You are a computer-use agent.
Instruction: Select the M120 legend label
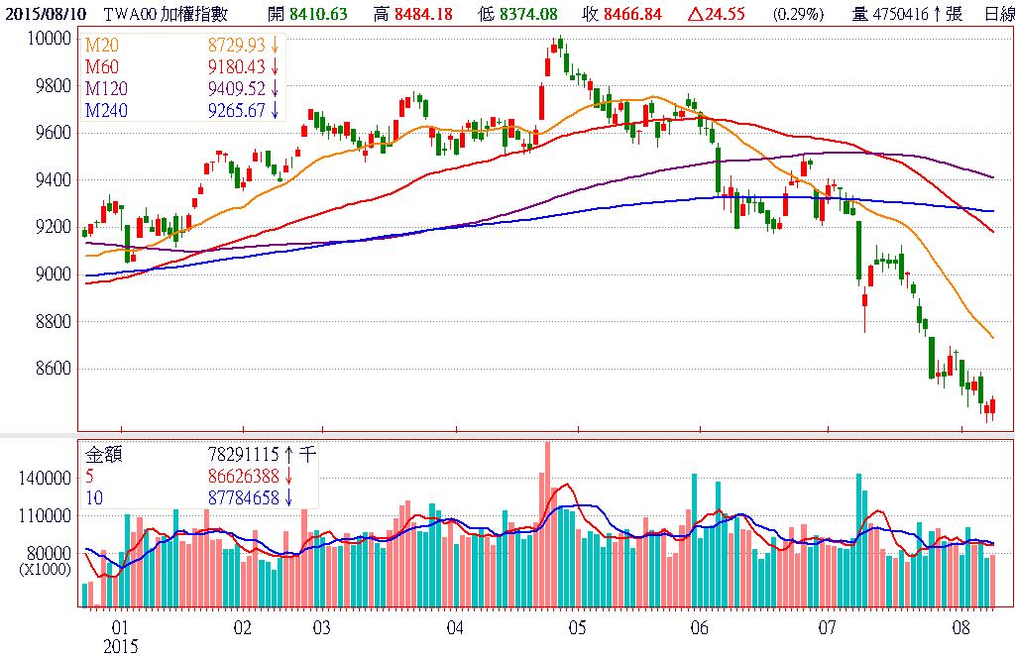106,89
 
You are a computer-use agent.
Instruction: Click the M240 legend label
106,110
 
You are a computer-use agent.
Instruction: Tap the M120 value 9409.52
237,89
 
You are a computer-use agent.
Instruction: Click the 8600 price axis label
53,369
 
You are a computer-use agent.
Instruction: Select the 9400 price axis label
53,179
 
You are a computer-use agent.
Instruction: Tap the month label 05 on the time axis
577,628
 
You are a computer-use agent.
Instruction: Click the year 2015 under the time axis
123,646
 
